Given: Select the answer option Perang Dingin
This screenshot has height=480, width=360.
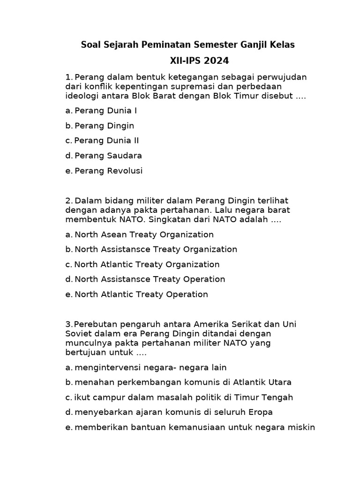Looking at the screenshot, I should tap(104, 126).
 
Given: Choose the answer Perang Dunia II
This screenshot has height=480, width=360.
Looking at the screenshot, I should tap(106, 141).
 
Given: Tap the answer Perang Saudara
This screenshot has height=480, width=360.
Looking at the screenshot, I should tap(108, 156).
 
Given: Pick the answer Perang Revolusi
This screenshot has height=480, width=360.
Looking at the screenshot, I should tap(108, 171).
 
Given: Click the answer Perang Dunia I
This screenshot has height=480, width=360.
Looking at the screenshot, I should tap(105, 111).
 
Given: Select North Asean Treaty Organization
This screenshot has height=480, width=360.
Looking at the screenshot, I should tap(144, 234).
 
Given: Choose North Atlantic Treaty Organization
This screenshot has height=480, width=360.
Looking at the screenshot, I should tap(147, 264).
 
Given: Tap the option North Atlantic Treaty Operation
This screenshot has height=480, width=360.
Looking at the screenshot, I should tap(141, 294).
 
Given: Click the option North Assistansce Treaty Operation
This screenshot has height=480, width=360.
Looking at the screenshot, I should tap(150, 279).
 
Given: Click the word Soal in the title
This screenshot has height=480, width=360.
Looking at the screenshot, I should tap(90, 45).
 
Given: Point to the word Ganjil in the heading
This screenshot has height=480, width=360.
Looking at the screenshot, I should tap(257, 45).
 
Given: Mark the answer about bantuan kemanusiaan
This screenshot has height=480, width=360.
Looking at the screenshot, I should tap(195, 427).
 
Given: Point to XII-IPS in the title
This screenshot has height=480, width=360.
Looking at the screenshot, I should tap(186, 61).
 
